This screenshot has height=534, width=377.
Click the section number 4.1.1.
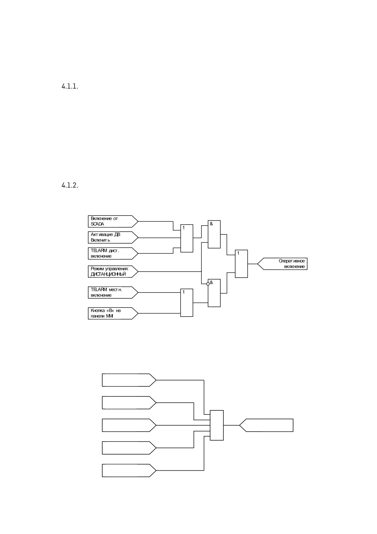pos(70,86)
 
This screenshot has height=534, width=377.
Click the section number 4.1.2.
pos(70,185)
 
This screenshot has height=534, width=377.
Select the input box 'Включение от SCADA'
pos(113,221)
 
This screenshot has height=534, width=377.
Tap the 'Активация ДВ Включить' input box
pos(113,237)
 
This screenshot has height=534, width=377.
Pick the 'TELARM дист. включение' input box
pos(113,253)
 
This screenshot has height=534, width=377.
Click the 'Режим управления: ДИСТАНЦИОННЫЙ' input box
pos(113,271)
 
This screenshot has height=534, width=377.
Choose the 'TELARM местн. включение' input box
pos(113,293)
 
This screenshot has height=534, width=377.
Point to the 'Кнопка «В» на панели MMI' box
pos(113,313)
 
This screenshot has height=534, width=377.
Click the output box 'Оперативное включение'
pos(282,264)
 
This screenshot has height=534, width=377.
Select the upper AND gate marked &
pos(214,234)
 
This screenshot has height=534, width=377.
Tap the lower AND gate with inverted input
pos(214,293)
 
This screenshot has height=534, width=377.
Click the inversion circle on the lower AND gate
pos(208,284)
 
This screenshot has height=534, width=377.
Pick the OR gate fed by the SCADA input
pos(187,238)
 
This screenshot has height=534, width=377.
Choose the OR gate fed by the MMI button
pos(187,303)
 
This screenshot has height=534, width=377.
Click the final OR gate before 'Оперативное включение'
pos(241,264)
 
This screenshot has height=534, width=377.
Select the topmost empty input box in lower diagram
pos(129,380)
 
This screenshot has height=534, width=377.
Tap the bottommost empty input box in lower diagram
pos(129,470)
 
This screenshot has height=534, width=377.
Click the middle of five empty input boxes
pos(129,425)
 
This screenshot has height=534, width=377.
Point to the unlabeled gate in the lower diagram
pos(217,425)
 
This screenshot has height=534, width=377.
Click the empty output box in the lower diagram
pos(266,425)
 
